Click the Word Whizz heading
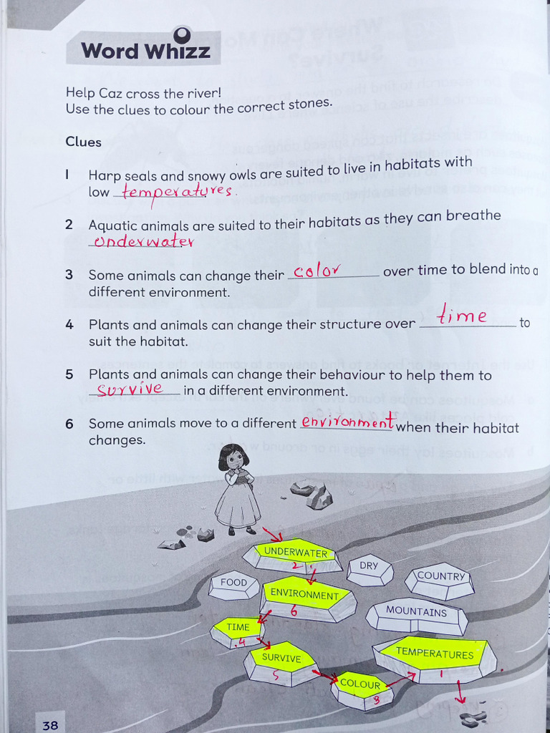click(145, 51)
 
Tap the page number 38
click(50, 724)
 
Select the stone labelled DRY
click(370, 568)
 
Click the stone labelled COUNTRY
click(440, 578)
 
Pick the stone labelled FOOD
click(234, 583)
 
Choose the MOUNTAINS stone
click(416, 613)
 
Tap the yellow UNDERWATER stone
click(295, 554)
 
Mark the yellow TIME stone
click(238, 628)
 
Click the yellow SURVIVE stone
click(281, 660)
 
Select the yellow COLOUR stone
click(360, 686)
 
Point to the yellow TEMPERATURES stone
click(435, 654)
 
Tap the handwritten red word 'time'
click(463, 315)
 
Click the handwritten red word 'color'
click(316, 271)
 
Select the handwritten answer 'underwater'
click(143, 241)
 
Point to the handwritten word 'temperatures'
click(177, 192)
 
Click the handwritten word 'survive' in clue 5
click(130, 389)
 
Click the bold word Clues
click(84, 142)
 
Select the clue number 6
click(69, 424)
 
